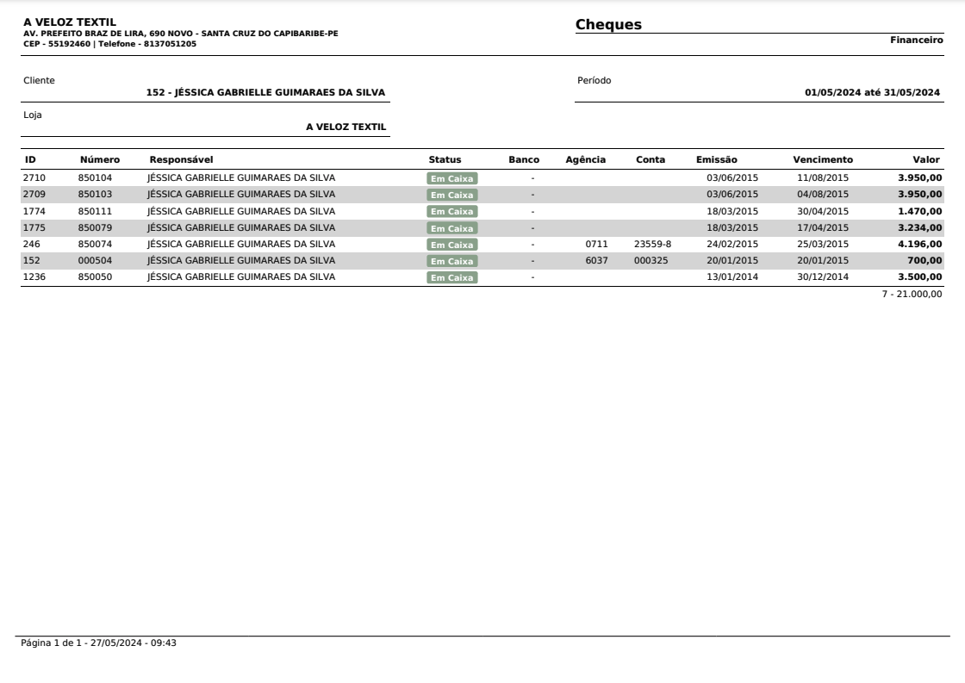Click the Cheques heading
coord(608,25)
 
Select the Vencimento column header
coord(823,159)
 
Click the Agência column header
coord(585,159)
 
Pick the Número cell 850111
coord(95,211)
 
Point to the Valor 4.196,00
coord(919,244)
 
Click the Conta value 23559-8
coord(652,244)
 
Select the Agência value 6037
coord(596,260)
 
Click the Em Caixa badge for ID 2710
coord(452,178)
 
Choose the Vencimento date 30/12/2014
coord(823,276)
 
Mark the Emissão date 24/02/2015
coord(732,244)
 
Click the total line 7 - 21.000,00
coord(917,295)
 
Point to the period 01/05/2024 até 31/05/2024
coord(872,93)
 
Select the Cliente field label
coord(39,80)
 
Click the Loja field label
coord(32,115)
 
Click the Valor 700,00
coord(925,260)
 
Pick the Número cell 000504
coord(95,260)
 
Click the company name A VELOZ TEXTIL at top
coord(70,22)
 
